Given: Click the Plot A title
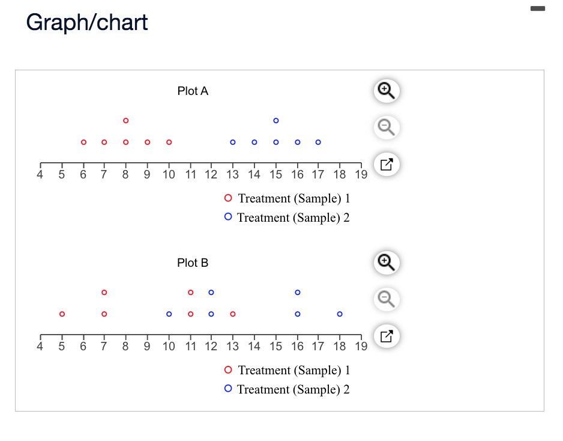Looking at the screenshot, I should pos(193,91).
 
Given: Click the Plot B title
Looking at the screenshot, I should pos(193,263).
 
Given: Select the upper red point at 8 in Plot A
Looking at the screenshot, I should pos(126,121).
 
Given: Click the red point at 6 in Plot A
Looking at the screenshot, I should pos(83,142).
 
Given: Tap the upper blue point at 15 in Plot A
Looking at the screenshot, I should pos(276,121).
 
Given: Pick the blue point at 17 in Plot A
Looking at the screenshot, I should pos(318,142).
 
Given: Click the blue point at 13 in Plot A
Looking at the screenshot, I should pos(233,142).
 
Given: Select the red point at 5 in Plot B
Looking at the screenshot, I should pos(62,314).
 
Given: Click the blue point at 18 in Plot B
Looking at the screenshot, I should pos(340,314).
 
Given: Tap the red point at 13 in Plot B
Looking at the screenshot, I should pos(233,314).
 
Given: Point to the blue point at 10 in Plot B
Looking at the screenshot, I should pos(169,314).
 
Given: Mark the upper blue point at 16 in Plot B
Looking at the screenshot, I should pos(298,293).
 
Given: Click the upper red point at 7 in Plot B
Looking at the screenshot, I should pos(104,293).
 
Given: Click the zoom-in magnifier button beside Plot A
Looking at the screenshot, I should pos(386,91).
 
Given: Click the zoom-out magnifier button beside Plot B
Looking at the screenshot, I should pos(386,299).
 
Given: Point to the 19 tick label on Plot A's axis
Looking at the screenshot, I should pos(361,175).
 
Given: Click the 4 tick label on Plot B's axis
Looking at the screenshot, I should pos(40,347).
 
